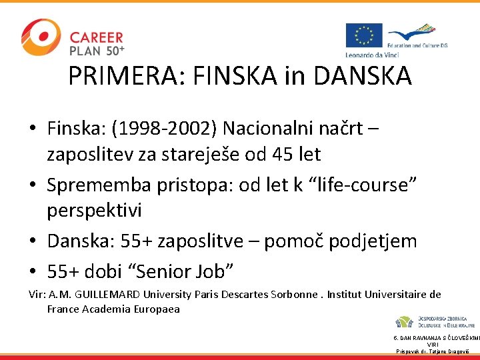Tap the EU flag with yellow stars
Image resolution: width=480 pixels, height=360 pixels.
coord(363,35)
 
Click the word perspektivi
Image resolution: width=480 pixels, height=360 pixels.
coord(94,211)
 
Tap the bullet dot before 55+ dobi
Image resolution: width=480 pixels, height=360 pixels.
coord(33,271)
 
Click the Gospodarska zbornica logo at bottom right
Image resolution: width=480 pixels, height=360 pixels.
coord(434,321)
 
